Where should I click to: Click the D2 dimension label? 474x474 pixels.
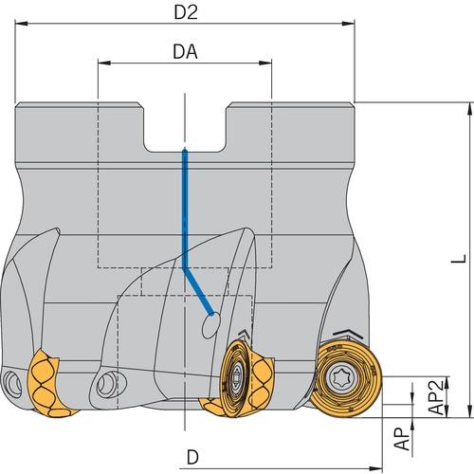pos(186,12)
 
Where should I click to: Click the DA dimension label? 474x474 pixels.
pos(185,51)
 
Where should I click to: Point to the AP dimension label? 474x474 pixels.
pos(402,439)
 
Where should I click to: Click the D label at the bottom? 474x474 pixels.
pos(192,457)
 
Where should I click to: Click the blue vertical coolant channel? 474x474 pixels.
pos(185,209)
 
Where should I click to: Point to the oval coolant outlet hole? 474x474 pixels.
pos(210,325)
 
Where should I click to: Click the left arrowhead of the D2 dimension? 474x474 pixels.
pos(22,24)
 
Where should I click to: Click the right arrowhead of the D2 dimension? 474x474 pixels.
pos(348,24)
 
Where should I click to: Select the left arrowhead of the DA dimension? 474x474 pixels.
pos(104,63)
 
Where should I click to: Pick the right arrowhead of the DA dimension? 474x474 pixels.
pos(264,63)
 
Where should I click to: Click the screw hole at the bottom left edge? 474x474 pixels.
pos(12,383)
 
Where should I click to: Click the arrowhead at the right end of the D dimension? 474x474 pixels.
pos(375,467)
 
